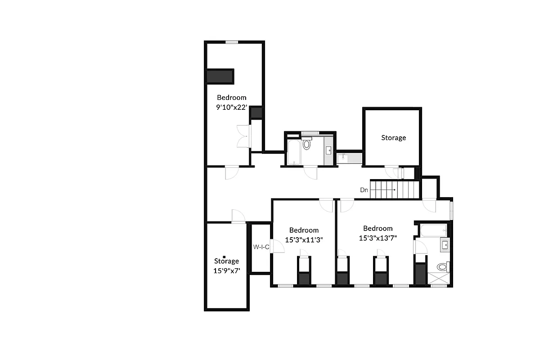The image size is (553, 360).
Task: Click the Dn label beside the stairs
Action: coord(364,190)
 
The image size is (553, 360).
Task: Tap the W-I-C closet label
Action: coord(261,247)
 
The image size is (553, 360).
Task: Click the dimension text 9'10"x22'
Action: coord(231,107)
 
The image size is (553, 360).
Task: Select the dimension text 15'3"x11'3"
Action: coord(304,239)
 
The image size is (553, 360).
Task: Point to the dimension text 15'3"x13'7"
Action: coord(378,238)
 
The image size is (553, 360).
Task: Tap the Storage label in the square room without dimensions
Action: coord(393,138)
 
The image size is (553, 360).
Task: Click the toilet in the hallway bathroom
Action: coord(307,144)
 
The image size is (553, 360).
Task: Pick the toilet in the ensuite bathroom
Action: coord(442,267)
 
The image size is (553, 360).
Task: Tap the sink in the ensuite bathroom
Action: coord(444,245)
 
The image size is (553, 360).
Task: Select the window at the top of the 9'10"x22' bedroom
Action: coord(232,42)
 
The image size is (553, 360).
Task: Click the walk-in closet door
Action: coord(278,246)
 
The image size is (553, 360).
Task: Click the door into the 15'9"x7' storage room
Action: coord(238,216)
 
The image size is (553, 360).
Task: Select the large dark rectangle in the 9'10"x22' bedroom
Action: coord(220,76)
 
